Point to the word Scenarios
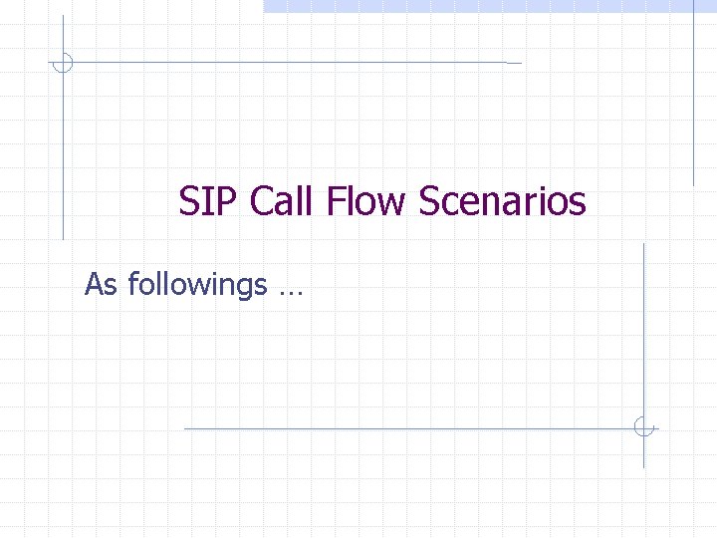click(503, 202)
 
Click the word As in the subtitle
click(100, 285)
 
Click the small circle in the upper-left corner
click(63, 63)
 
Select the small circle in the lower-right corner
click(644, 428)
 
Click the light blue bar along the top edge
click(488, 5)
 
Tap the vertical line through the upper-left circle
click(63, 149)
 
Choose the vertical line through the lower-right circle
click(644, 329)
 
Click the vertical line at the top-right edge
click(694, 100)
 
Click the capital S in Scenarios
click(430, 202)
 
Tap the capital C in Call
click(262, 202)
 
